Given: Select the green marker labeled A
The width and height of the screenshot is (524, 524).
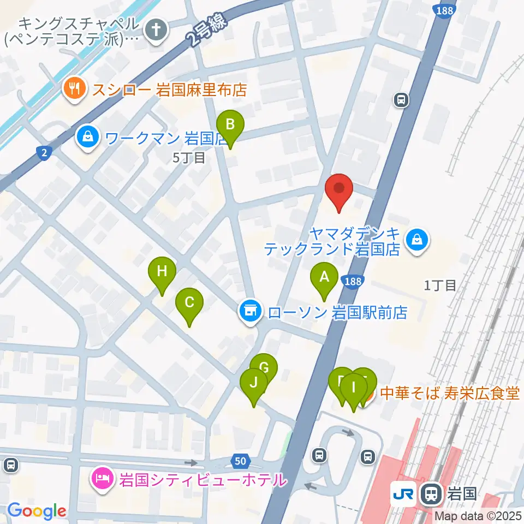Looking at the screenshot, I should tap(324, 277).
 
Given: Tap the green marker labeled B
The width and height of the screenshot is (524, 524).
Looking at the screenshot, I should tap(230, 126).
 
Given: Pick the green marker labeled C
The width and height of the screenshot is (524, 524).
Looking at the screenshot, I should tap(189, 303).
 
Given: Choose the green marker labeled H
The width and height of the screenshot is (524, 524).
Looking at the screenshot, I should tap(162, 272).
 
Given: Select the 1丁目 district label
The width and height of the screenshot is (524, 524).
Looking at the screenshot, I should tap(440, 285).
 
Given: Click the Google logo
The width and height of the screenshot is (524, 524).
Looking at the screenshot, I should tap(37, 511).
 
